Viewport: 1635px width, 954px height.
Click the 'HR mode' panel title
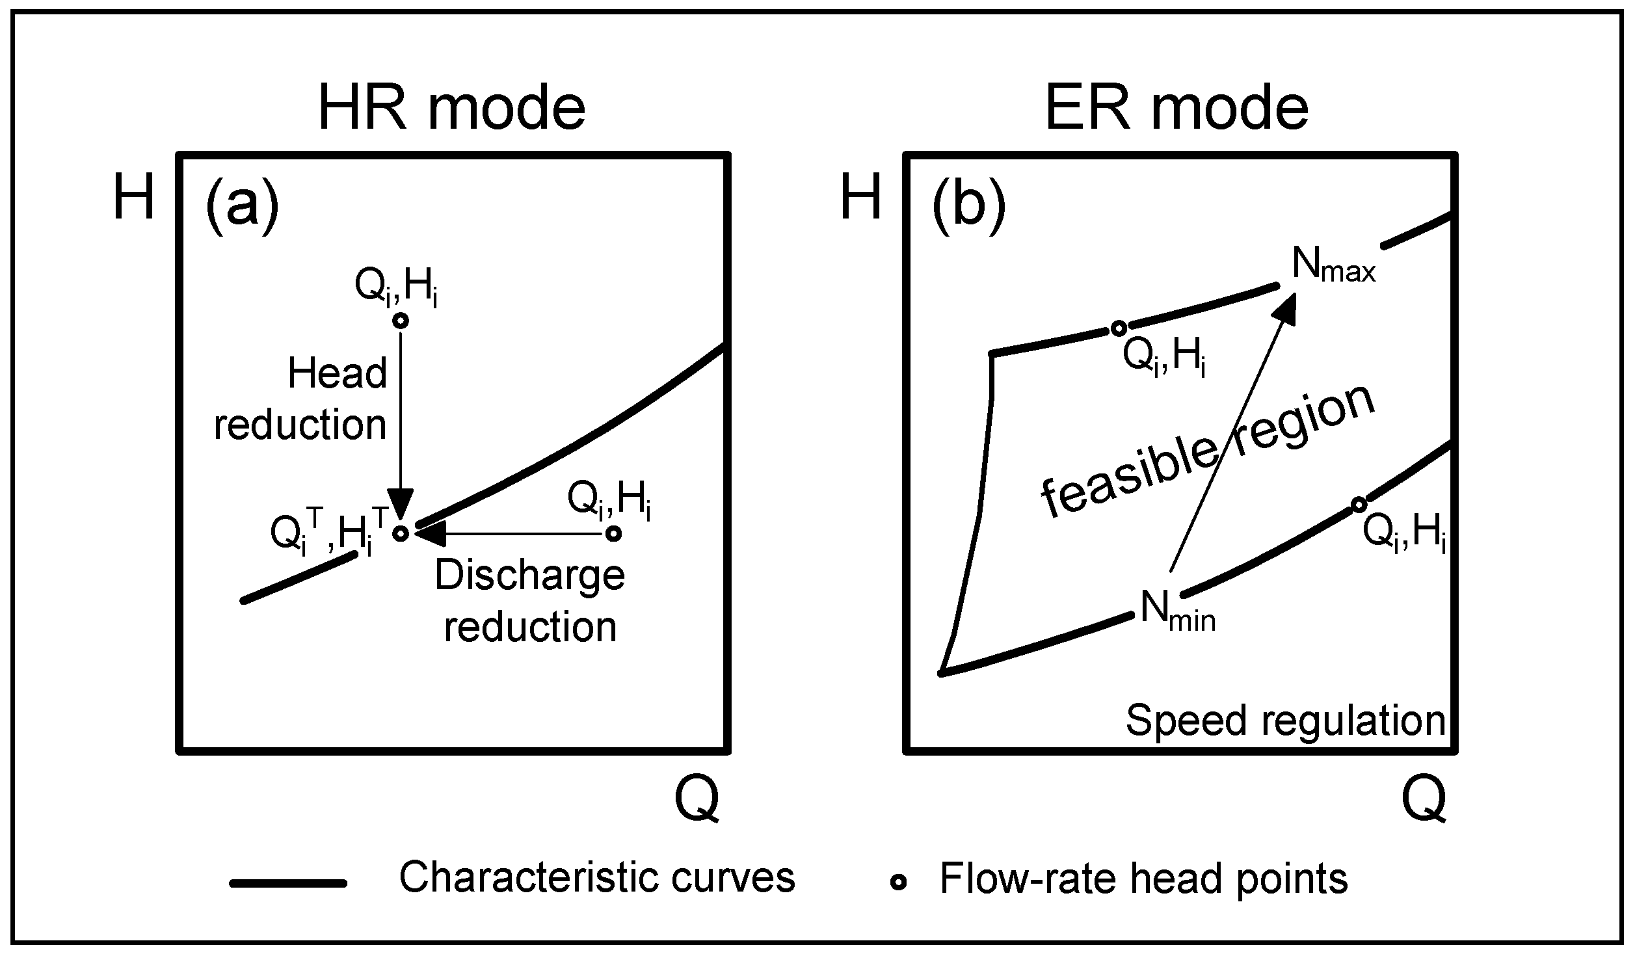click(x=451, y=107)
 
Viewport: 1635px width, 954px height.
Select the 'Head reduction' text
click(x=301, y=399)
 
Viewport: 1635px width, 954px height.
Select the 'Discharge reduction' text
click(x=529, y=601)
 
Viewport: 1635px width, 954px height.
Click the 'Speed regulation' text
click(x=1285, y=721)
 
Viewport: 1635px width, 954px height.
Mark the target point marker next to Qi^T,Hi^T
click(x=401, y=533)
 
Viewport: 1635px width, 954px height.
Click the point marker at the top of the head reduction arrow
click(x=401, y=321)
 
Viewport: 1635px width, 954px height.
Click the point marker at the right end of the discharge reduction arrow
click(x=613, y=534)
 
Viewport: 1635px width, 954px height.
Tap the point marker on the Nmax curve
click(x=1118, y=328)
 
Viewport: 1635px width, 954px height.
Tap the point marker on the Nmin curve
click(x=1358, y=505)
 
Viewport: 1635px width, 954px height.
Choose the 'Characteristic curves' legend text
click(x=596, y=877)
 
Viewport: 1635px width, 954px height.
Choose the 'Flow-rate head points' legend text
click(x=1143, y=879)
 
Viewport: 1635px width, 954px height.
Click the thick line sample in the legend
click(x=288, y=883)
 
